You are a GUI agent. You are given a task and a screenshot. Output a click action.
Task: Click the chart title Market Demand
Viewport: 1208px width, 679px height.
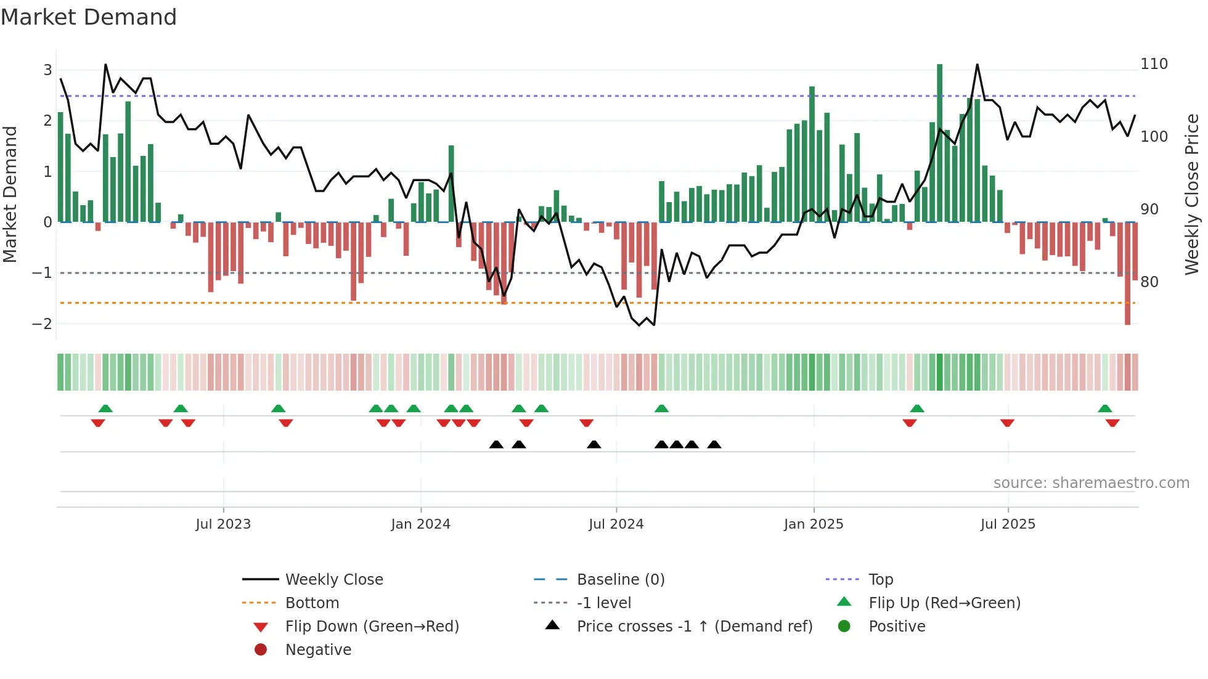89,17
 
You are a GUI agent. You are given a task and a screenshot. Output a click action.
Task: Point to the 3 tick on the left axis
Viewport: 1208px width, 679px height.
47,70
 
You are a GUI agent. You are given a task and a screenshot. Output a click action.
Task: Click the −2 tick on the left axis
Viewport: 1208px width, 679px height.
42,323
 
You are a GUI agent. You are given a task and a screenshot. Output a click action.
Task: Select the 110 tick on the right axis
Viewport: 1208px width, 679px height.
1154,64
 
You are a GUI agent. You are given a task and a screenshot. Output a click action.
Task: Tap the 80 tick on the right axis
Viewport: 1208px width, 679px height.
1149,282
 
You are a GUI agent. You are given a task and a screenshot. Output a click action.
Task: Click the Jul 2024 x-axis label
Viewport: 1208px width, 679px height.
616,524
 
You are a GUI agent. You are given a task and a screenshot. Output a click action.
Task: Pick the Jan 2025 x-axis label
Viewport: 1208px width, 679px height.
813,524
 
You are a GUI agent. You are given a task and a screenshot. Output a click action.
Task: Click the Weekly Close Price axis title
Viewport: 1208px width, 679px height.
1192,194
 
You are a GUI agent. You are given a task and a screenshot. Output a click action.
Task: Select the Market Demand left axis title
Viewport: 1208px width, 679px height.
10,194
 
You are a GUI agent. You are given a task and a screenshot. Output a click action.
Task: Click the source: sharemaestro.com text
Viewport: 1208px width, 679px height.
1091,483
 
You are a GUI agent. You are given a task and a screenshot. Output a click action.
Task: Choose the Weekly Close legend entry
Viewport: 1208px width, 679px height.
333,580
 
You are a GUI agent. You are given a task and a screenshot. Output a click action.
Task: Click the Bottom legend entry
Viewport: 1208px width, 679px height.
312,603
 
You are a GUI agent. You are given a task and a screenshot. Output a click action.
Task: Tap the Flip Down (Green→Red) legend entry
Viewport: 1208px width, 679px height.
372,627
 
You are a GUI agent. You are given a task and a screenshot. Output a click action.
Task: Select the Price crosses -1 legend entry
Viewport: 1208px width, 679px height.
694,627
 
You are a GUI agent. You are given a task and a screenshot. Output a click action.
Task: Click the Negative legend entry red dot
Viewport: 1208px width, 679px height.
261,650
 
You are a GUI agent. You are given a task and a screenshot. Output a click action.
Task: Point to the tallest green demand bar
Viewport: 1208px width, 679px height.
939,142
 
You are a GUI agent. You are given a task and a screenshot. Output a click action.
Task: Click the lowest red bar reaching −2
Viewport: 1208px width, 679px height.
1127,274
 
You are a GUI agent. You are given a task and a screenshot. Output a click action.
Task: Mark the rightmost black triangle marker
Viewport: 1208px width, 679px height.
714,445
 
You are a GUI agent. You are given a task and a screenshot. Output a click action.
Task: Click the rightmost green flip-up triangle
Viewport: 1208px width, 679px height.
1104,409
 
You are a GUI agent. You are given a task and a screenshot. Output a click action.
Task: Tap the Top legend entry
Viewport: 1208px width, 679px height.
880,580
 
